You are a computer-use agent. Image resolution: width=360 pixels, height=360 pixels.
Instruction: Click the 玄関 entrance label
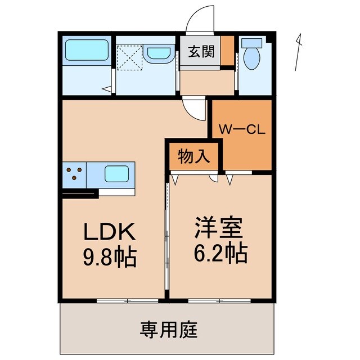pos(201,52)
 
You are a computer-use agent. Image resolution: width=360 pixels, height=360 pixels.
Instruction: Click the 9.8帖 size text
pos(110,256)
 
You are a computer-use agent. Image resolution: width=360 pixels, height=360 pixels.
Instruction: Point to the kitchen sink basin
pos(119,174)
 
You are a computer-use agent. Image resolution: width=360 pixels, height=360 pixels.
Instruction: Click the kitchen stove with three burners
pos(75,173)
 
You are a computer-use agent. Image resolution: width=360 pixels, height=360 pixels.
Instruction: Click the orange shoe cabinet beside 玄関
pos(226,52)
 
